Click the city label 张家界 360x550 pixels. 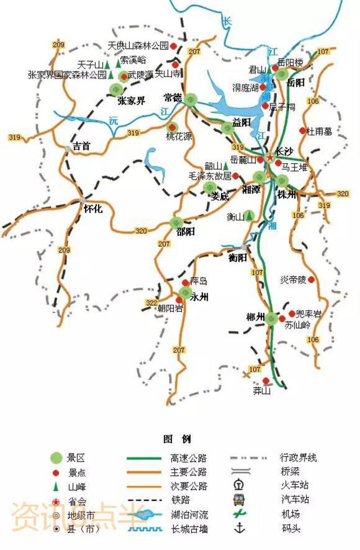click(x=131, y=101)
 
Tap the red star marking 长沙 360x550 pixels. click(x=271, y=156)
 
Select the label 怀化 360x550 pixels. click(x=93, y=209)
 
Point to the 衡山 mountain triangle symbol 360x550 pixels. click(x=248, y=216)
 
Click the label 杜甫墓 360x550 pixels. click(x=319, y=131)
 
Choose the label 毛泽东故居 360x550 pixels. click(x=210, y=175)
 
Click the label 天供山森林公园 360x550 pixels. click(x=138, y=46)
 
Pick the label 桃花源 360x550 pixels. click(x=178, y=137)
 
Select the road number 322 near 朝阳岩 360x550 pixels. click(x=151, y=303)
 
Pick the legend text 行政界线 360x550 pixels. click(x=298, y=458)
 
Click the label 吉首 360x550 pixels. click(x=82, y=146)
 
